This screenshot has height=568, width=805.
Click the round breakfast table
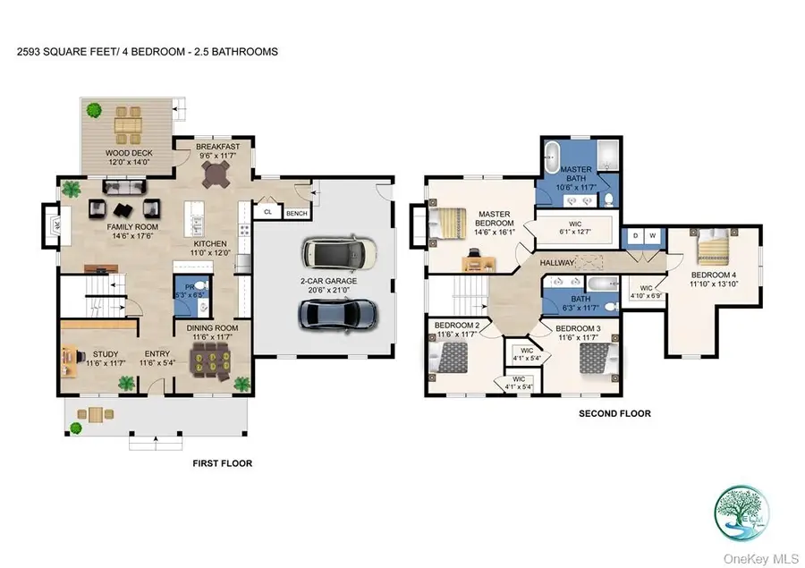pos(217,176)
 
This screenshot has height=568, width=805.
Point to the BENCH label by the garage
pos(295,213)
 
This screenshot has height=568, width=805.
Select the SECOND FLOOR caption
pos(614,413)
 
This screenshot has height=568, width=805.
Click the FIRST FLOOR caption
pos(223,463)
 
